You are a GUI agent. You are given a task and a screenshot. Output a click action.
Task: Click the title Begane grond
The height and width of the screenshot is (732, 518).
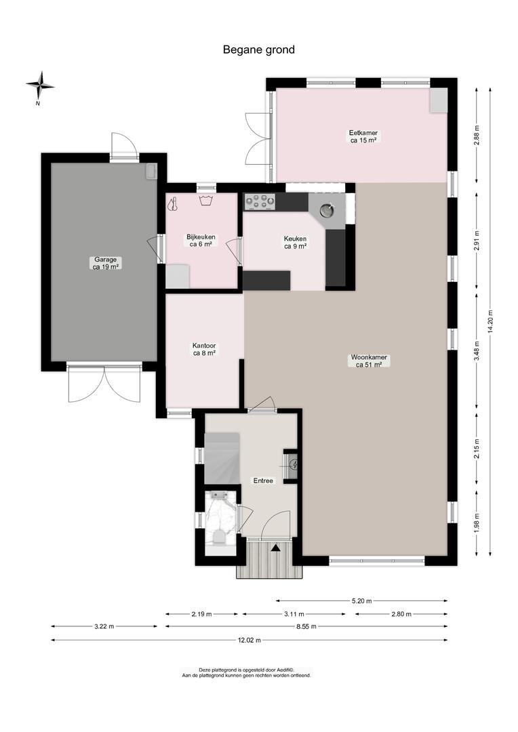259,49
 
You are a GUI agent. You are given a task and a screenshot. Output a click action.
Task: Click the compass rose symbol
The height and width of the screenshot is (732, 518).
40,86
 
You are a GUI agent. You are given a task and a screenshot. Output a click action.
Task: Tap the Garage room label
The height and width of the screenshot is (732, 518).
105,263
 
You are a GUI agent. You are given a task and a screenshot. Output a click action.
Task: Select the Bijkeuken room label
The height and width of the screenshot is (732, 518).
201,241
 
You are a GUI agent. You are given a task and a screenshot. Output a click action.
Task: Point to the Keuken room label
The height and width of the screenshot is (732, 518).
295,242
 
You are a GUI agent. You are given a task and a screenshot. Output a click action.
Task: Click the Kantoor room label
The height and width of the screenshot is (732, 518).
204,350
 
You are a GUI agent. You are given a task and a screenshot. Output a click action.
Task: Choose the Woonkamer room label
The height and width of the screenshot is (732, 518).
369,361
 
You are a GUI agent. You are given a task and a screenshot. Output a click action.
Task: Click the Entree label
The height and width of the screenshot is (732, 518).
263,481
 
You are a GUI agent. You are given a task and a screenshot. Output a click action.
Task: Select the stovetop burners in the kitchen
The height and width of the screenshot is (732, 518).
260,202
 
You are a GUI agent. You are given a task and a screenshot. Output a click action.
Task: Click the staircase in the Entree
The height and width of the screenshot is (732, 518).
222,458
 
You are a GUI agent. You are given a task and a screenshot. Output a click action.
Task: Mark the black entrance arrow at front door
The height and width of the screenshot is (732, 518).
275,548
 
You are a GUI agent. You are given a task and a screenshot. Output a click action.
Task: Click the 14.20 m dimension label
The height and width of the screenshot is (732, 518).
490,321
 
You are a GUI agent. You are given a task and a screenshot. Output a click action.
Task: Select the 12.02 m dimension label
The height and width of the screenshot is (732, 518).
249,640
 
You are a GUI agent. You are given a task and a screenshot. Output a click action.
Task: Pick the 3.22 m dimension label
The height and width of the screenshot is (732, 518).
104,626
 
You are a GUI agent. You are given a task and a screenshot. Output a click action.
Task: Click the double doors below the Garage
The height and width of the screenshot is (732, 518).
104,384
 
